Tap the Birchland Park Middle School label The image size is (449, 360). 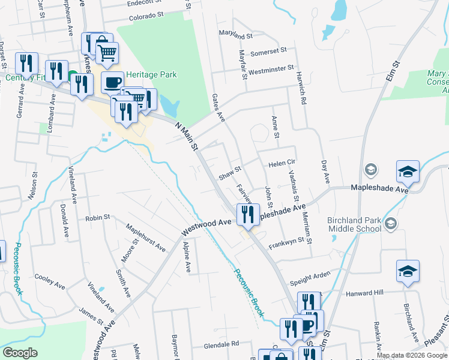(354, 224)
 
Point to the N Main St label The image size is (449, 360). (187, 136)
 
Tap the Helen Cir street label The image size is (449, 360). (283, 163)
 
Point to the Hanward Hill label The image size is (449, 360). (364, 293)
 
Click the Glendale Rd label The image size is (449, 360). (221, 344)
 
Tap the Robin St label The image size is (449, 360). (98, 217)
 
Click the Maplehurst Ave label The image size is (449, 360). (146, 237)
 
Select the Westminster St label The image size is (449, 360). (271, 70)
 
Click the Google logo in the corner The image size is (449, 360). (20, 353)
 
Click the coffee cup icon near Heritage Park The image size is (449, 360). (112, 83)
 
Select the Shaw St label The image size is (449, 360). (229, 174)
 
